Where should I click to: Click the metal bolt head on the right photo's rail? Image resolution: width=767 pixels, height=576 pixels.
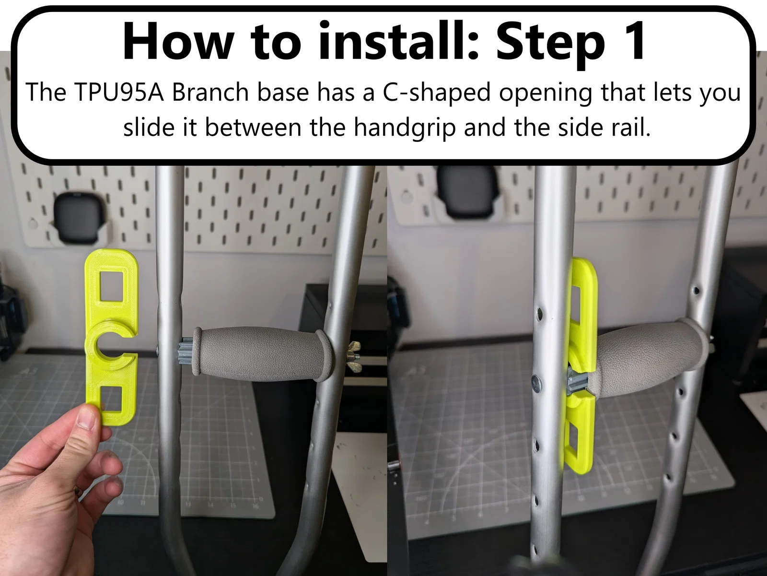(x=535, y=383)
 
